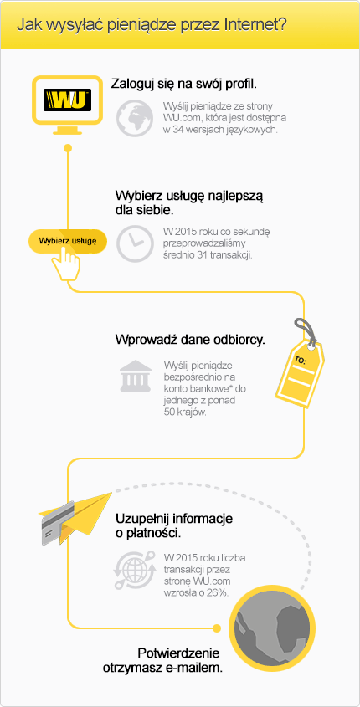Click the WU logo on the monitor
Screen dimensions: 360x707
[x=67, y=100]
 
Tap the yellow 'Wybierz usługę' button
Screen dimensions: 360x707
[x=68, y=241]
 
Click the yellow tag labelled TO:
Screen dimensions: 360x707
[x=300, y=370]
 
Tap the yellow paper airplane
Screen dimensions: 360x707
[x=81, y=513]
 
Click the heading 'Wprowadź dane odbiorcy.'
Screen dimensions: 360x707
[x=190, y=340]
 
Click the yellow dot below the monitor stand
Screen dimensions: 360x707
[x=68, y=148]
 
